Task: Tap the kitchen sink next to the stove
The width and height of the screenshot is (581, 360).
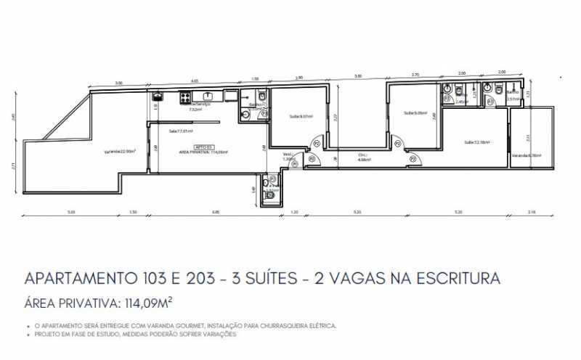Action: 208,95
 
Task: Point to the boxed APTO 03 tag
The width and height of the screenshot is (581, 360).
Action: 192,147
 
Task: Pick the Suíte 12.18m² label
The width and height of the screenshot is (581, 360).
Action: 476,142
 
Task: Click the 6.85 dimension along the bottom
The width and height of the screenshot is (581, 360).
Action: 216,212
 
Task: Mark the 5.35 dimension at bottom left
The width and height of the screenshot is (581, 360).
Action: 70,212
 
